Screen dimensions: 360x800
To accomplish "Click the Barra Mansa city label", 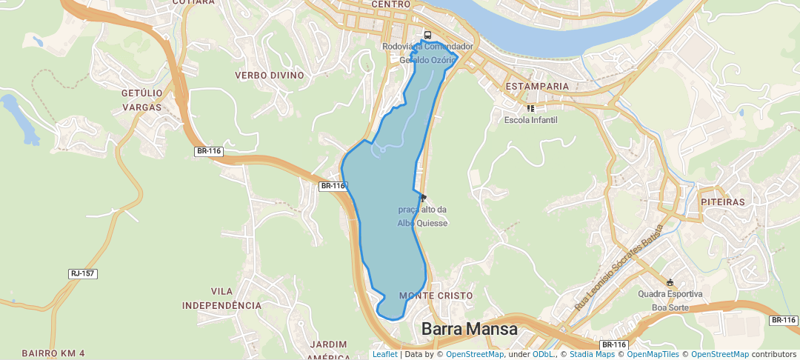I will [469, 329].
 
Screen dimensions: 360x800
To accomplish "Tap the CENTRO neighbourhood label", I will [390, 4].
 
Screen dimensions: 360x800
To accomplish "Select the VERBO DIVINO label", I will [270, 76].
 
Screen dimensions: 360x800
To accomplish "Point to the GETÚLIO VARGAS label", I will [141, 100].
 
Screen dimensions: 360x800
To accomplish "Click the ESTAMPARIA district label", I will [537, 87].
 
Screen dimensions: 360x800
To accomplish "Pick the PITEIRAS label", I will [721, 201].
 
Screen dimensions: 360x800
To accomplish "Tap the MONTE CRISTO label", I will [436, 296].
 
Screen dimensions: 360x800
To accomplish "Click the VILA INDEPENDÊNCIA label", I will [221, 299].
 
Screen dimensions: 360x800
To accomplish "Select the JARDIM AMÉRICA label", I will [329, 350].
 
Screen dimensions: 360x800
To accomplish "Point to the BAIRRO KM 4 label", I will [53, 353].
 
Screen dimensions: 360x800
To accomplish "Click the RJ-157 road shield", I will [83, 274].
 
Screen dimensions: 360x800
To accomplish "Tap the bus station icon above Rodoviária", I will [427, 35].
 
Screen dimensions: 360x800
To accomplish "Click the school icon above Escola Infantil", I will [530, 108].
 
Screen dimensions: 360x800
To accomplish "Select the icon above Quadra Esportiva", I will [670, 282].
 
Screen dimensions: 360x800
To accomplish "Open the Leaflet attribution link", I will [384, 355].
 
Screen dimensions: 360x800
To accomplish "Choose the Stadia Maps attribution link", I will [592, 355].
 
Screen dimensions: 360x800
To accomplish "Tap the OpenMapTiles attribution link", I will [653, 355].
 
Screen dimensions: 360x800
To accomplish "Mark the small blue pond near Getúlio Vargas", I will [20, 119].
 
